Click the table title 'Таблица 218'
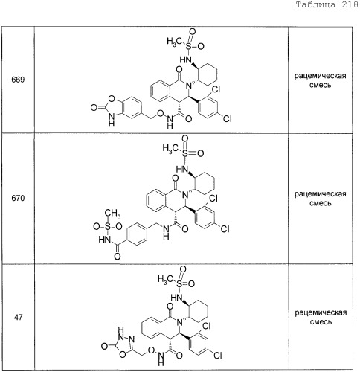pyautogui.click(x=327, y=5)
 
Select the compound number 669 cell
pyautogui.click(x=18, y=80)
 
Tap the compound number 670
pyautogui.click(x=18, y=198)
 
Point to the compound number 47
pyautogui.click(x=19, y=317)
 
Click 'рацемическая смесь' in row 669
pyautogui.click(x=320, y=80)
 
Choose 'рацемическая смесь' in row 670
pyautogui.click(x=320, y=199)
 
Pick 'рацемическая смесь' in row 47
pyautogui.click(x=321, y=317)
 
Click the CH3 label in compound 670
pyautogui.click(x=112, y=214)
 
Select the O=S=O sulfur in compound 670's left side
pyautogui.click(x=107, y=226)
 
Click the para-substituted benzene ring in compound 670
pyautogui.click(x=137, y=234)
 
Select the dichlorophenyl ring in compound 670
pyautogui.click(x=205, y=215)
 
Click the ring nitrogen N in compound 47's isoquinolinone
pyautogui.click(x=180, y=323)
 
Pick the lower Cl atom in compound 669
pyautogui.click(x=227, y=118)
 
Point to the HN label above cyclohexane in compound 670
pyautogui.click(x=181, y=169)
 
